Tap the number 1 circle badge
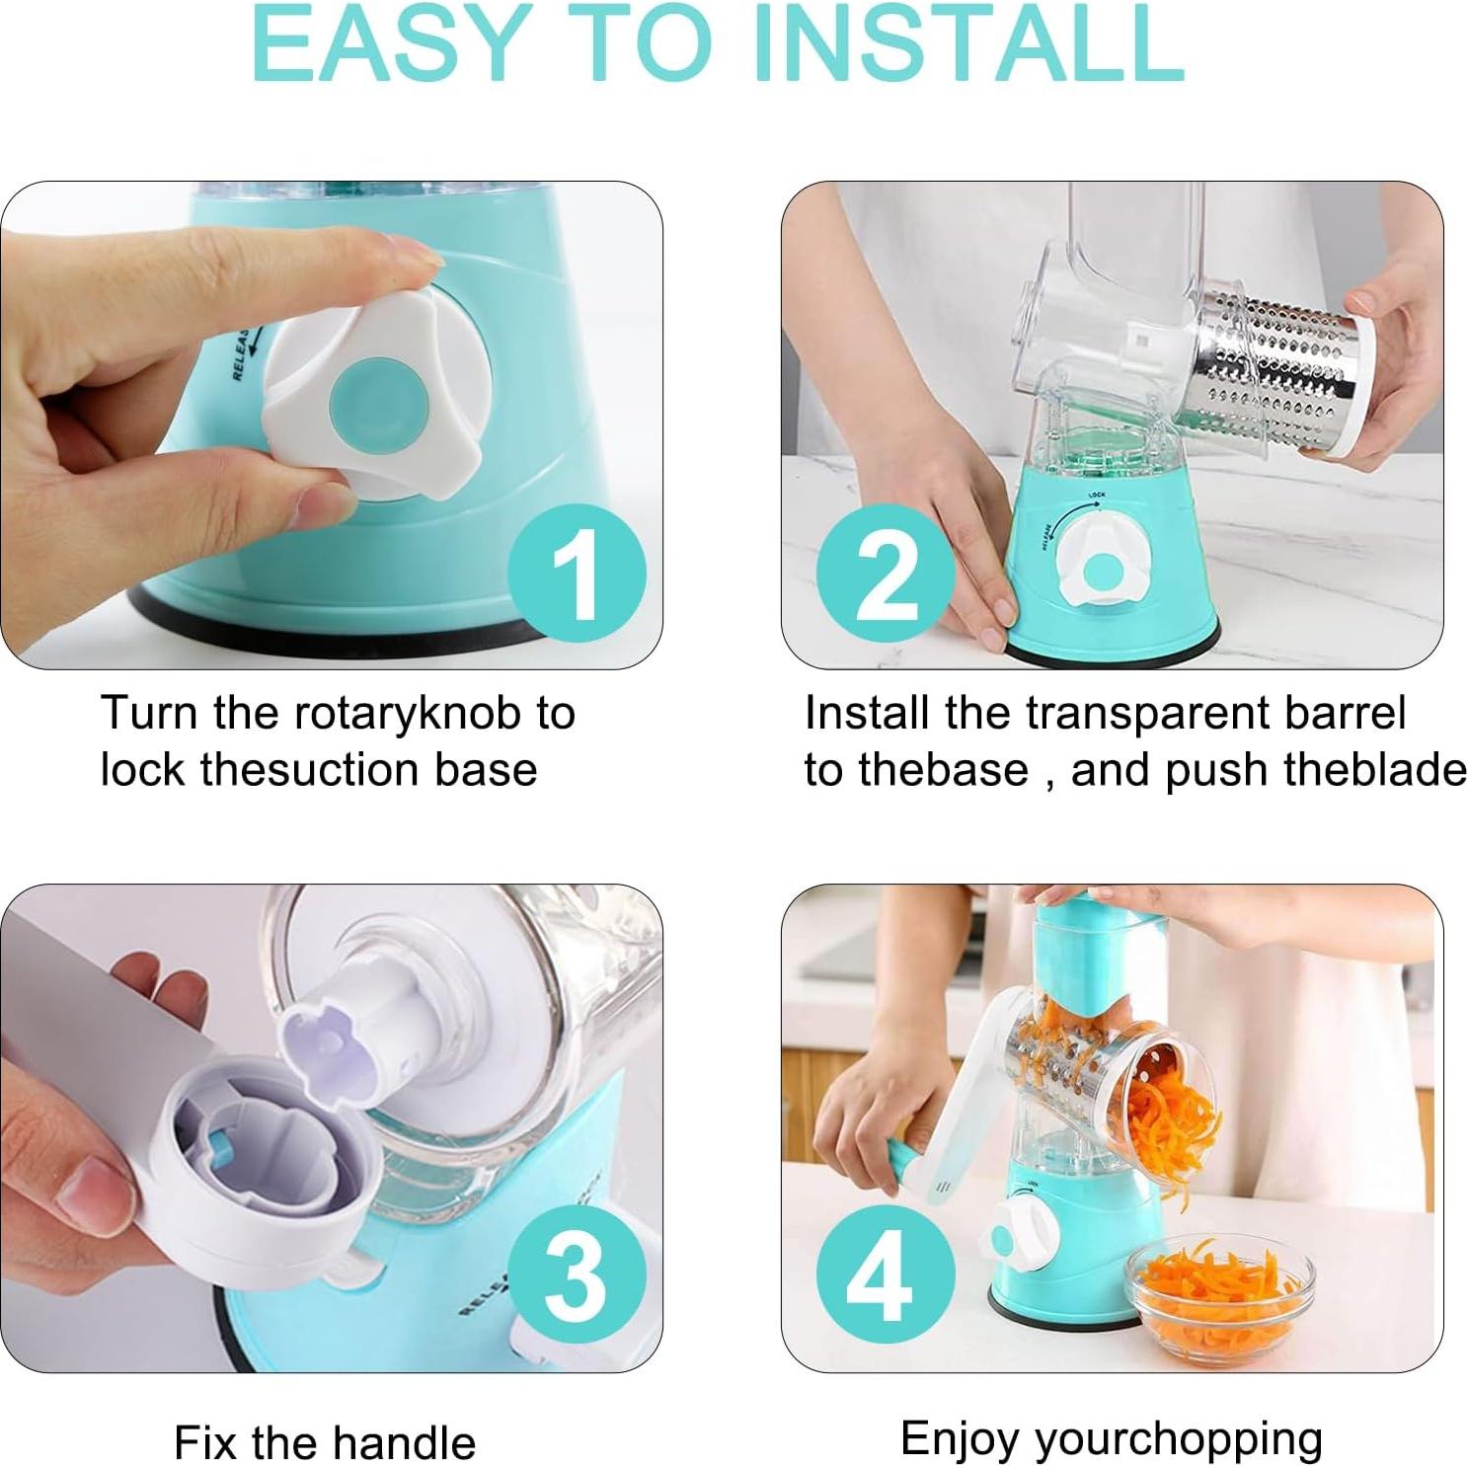(x=577, y=574)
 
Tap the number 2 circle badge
(x=886, y=574)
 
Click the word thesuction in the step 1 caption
(x=296, y=770)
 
